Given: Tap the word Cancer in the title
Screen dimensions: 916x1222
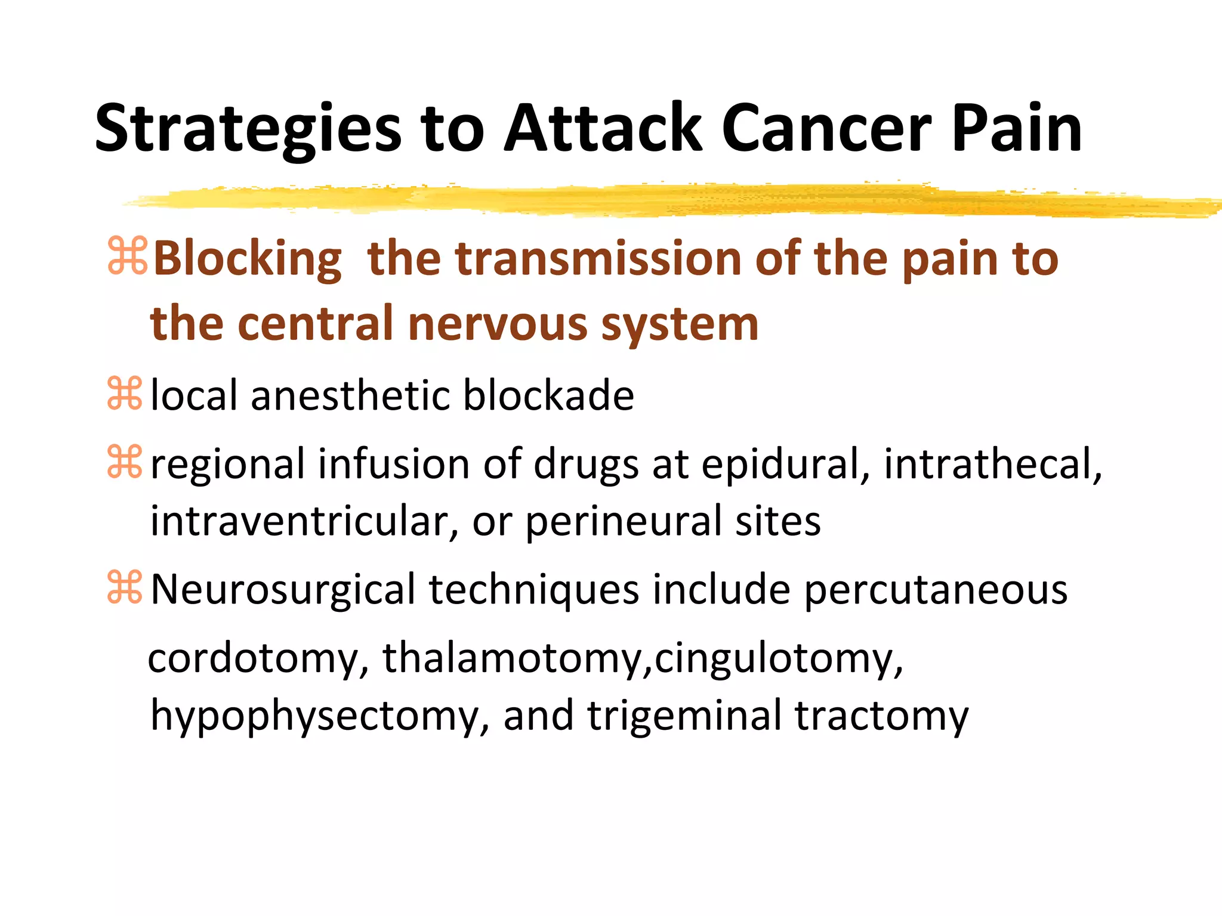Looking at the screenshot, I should click(x=826, y=129).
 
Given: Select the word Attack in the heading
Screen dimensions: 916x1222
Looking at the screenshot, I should click(x=603, y=129).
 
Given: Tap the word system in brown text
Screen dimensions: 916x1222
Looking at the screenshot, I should click(x=680, y=324).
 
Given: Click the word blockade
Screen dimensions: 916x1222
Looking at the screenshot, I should click(x=548, y=395).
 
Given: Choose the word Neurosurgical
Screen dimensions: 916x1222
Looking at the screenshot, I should click(x=283, y=590).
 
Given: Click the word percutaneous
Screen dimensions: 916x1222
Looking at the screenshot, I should click(x=936, y=590).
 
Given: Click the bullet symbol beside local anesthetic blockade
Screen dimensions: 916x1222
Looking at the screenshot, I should click(x=125, y=394).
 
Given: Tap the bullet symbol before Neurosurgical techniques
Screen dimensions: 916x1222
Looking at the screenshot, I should click(x=125, y=587).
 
